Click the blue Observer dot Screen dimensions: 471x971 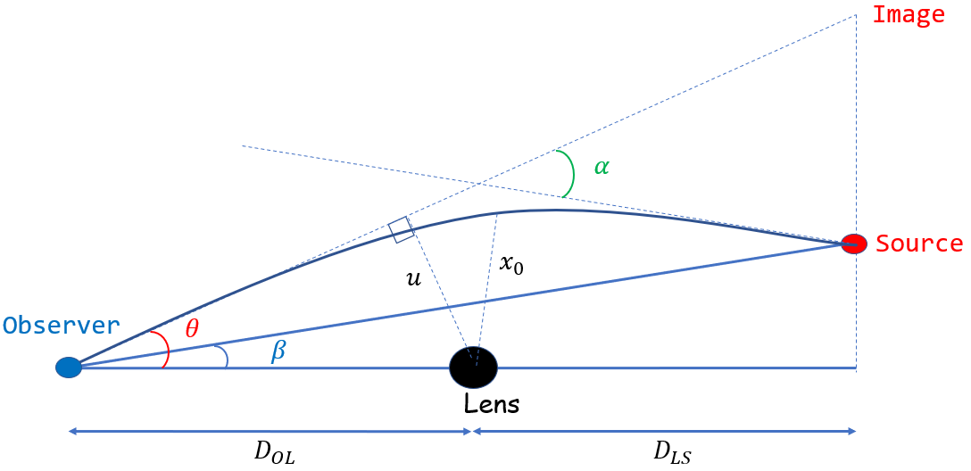point(69,367)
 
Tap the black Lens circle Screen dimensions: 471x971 point(473,367)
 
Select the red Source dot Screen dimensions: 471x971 point(855,244)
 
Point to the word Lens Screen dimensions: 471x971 point(491,404)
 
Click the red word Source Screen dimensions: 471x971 point(919,244)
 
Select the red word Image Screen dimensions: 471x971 point(908,15)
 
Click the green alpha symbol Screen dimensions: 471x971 point(602,166)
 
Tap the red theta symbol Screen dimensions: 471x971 point(192,329)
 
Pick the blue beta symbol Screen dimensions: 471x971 point(278,351)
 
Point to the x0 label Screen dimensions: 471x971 point(511,265)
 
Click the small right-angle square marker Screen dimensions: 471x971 point(402,229)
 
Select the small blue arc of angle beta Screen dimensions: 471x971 point(227,358)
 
